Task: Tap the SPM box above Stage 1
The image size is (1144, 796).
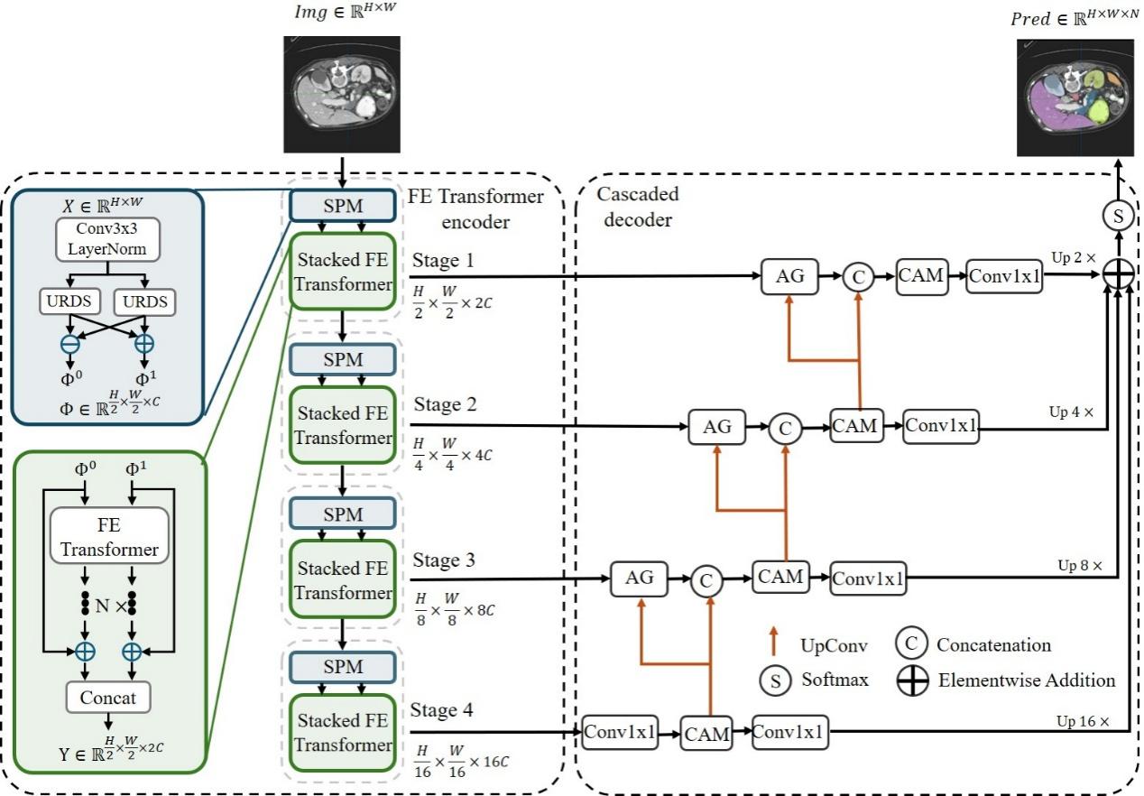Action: (342, 206)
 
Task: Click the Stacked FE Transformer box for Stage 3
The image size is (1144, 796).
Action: (343, 580)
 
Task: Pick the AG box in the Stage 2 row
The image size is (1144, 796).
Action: (717, 426)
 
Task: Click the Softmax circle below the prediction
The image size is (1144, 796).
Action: (1118, 217)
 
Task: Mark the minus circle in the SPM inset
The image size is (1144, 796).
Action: (69, 343)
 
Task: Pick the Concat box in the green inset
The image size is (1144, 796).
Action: (108, 698)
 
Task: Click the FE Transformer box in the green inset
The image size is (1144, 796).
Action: (109, 537)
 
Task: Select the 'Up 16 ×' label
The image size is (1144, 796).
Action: (1083, 722)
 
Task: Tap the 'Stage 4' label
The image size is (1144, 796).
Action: (442, 710)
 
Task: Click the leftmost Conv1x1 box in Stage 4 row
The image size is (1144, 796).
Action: (619, 732)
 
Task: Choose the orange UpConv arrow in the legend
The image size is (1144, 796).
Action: (773, 643)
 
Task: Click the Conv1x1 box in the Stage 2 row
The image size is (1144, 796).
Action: (941, 426)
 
